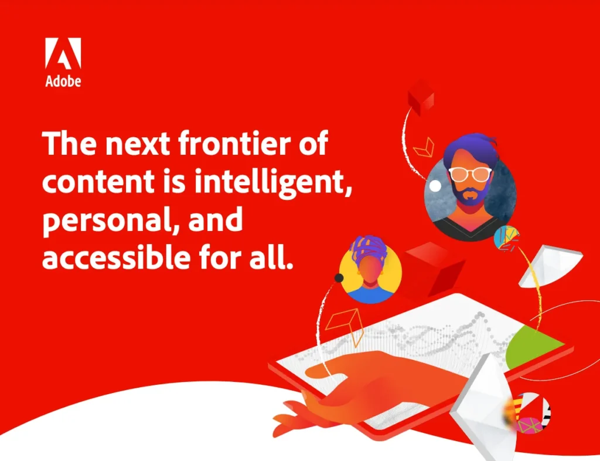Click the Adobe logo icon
63,54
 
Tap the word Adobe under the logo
63,82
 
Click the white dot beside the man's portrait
435,186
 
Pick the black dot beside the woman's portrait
339,277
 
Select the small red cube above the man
421,97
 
